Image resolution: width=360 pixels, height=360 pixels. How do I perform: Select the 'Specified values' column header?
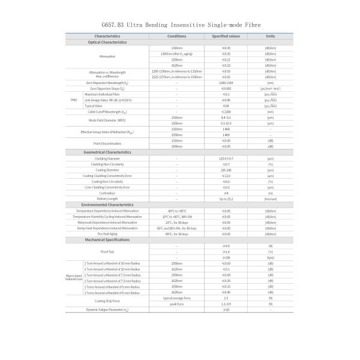pos(226,37)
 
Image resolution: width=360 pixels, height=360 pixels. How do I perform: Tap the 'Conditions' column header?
pos(176,37)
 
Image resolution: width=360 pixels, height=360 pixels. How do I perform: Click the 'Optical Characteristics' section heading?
pos(107,42)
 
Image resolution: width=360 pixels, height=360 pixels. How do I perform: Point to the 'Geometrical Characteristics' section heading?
pos(107,152)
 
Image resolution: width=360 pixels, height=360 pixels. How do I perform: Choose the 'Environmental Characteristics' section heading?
pos(107,205)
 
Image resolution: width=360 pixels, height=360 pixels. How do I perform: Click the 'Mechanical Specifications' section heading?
pos(107,240)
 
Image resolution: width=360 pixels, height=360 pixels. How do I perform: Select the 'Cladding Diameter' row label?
pos(107,158)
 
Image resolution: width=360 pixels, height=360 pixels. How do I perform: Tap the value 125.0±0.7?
pos(226,158)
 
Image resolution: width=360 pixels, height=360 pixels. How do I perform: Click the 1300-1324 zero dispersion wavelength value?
pos(226,83)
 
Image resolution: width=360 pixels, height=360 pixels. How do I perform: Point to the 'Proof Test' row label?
pos(107,252)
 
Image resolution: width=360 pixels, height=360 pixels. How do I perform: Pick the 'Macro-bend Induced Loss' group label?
pos(74,278)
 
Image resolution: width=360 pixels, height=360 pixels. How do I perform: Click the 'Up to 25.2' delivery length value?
pos(226,199)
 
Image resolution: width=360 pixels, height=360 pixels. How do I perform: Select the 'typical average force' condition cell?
pos(176,298)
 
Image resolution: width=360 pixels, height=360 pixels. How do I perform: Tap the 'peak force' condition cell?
pos(176,304)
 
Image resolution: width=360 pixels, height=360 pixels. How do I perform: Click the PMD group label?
pos(74,100)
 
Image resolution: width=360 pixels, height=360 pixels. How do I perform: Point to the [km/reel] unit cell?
pos(271,199)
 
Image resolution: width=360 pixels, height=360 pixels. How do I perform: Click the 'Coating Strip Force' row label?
pos(107,301)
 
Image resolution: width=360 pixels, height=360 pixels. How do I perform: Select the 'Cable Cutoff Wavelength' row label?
pos(107,112)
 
